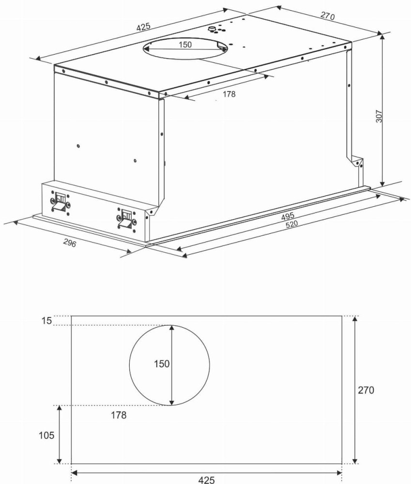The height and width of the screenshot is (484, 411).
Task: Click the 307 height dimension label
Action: click(379, 117)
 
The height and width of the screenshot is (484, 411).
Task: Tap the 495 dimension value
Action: click(288, 216)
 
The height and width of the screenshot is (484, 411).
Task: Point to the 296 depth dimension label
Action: click(70, 243)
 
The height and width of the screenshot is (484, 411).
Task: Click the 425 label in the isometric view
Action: click(143, 27)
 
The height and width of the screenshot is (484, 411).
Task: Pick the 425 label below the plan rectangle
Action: click(206, 479)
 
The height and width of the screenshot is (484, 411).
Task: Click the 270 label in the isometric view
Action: click(327, 16)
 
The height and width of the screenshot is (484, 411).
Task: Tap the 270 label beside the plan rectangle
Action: click(366, 390)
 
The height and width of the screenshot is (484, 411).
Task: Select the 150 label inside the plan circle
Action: click(162, 364)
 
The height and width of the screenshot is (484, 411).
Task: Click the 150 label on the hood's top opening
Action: click(185, 45)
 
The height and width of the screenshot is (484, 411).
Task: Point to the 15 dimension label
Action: click(46, 321)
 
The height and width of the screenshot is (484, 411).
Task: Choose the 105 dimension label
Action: click(46, 435)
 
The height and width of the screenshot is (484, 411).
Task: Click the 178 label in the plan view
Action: click(119, 415)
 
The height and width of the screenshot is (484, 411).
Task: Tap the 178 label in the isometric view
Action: click(229, 94)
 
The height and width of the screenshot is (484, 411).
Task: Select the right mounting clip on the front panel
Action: click(127, 219)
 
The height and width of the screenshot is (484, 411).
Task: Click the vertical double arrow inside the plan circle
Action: click(172, 365)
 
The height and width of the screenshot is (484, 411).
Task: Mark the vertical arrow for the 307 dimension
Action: click(382, 110)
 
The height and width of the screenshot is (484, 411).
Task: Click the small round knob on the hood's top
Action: click(212, 29)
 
